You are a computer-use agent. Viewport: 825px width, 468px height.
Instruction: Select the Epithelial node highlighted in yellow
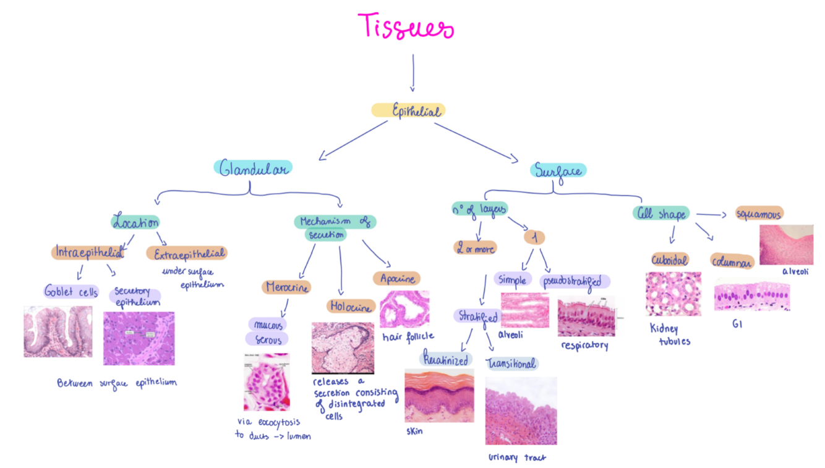point(409,111)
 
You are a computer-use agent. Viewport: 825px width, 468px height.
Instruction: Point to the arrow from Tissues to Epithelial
point(413,72)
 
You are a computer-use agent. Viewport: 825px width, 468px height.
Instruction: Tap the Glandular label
point(254,168)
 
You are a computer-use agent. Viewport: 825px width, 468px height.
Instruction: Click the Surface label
point(558,170)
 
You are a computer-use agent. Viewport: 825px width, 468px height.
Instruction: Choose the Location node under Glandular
point(136,222)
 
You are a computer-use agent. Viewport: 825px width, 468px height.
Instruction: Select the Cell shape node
point(660,214)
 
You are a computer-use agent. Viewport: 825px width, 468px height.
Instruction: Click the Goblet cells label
point(71,291)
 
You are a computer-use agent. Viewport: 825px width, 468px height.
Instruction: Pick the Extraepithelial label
point(187,253)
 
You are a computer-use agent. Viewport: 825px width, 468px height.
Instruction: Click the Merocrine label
point(287,287)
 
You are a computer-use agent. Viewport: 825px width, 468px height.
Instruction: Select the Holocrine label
point(351,307)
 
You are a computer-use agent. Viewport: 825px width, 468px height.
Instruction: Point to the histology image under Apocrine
point(404,308)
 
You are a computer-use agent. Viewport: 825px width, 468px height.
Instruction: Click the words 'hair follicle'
point(408,336)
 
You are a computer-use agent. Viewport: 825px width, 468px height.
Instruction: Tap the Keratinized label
point(446,359)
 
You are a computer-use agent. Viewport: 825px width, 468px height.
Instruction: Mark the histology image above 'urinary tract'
point(521,411)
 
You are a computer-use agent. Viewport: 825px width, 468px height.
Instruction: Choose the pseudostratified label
point(575,281)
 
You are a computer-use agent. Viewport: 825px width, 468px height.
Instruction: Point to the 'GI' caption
point(737,323)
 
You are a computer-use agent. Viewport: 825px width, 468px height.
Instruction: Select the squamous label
point(759,214)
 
